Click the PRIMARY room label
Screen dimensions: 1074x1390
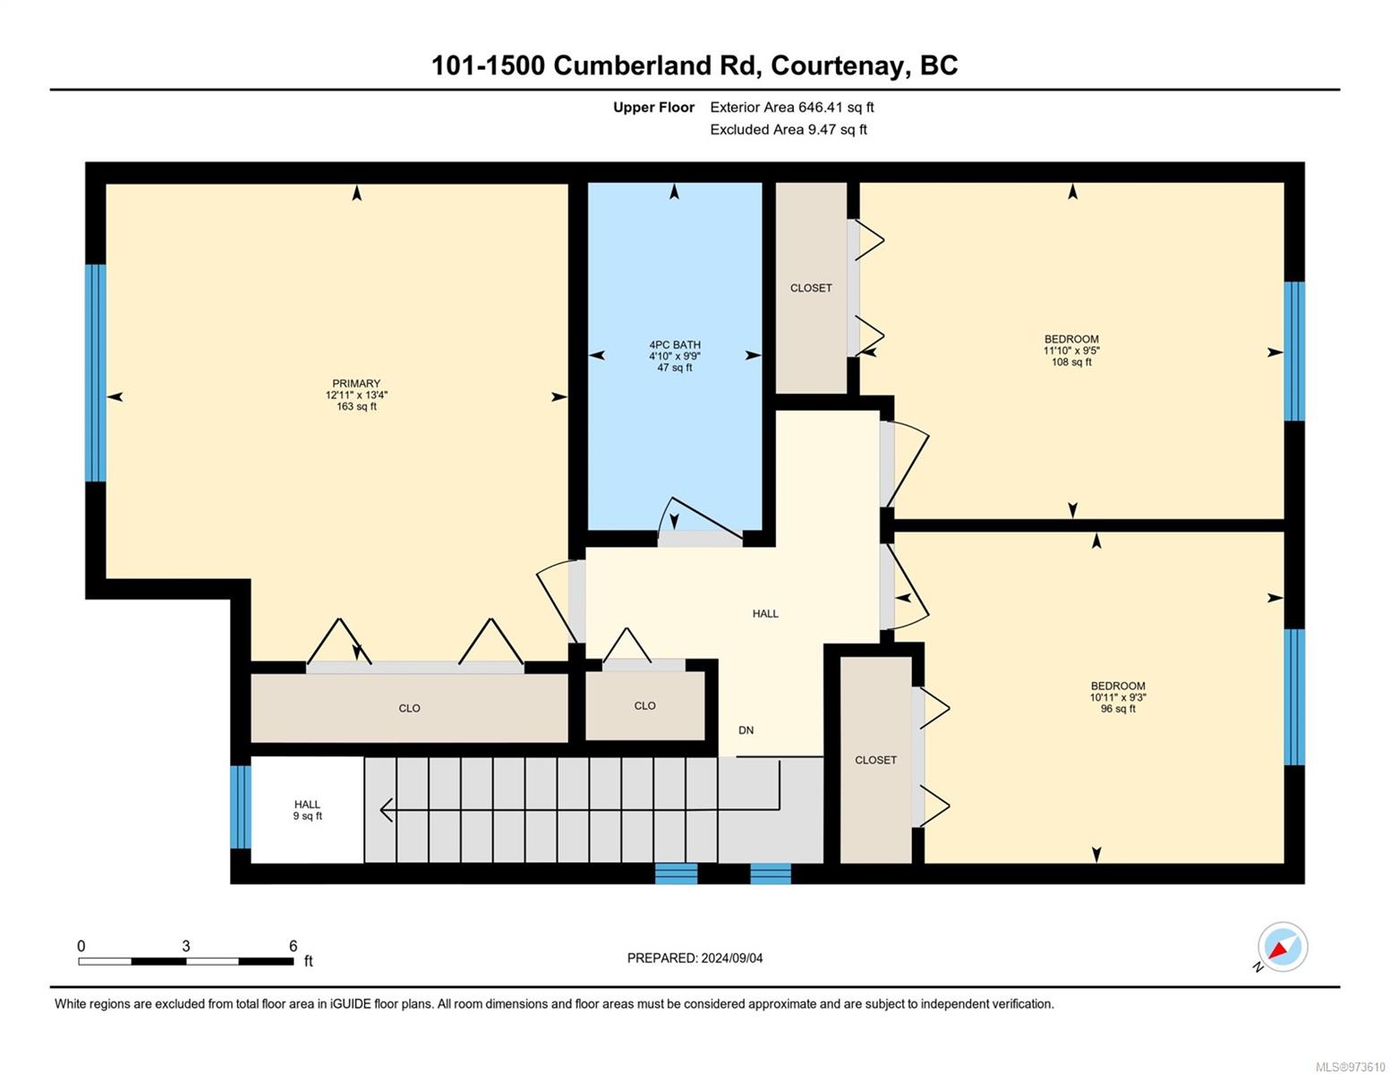pos(356,394)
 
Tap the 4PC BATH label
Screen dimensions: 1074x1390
pos(675,355)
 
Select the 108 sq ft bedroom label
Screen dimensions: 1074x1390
pos(1071,350)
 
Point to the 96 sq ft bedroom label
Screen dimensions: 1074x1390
pos(1118,696)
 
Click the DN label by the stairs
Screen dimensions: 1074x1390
pos(746,730)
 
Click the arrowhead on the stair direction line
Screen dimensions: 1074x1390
pos(387,809)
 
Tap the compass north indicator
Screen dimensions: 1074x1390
pos(1282,948)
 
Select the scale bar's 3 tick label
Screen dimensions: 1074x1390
pos(186,946)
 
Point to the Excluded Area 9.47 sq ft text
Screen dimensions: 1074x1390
pos(788,129)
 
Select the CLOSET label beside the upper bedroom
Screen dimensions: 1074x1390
pos(811,287)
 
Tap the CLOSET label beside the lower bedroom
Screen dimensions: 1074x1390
pos(875,760)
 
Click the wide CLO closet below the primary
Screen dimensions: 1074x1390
pos(409,708)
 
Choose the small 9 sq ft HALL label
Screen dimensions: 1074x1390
pos(307,810)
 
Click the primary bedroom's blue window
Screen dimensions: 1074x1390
pos(96,372)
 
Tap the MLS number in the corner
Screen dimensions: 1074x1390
pos(1350,1066)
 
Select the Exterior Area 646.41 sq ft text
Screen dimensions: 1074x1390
pos(791,107)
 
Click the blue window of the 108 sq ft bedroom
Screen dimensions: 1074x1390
pos(1294,351)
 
